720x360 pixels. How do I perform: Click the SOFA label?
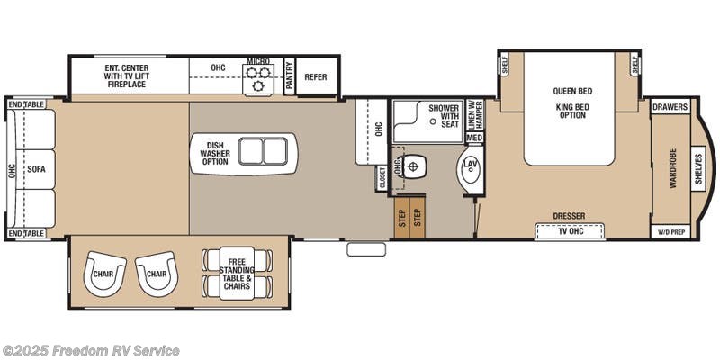(36, 168)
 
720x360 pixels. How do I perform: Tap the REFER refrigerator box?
(316, 77)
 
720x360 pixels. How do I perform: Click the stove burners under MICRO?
(258, 79)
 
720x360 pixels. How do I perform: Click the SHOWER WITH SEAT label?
(444, 115)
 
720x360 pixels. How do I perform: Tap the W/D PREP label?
(670, 231)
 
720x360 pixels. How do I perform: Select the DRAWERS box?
(670, 107)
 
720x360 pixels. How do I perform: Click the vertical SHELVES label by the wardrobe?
(698, 168)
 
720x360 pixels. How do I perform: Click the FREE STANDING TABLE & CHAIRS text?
(238, 270)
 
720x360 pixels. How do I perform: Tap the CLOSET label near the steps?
(382, 177)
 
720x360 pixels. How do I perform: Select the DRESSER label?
(569, 216)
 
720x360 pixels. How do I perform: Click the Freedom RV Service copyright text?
(91, 350)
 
